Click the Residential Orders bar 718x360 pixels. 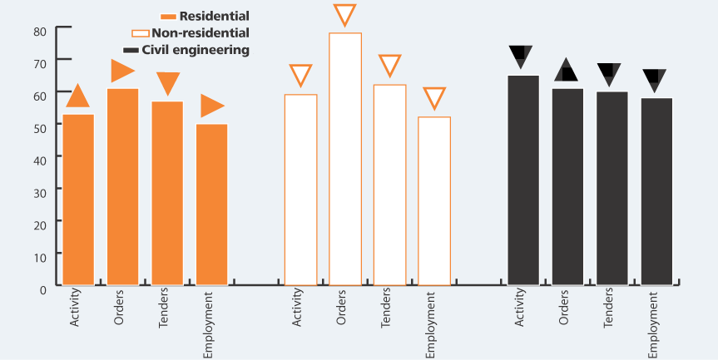coord(122,187)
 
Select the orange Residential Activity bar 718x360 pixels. coord(78,200)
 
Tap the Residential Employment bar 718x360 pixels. coord(211,205)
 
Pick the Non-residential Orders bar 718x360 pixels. coord(345,159)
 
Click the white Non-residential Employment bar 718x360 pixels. coord(434,201)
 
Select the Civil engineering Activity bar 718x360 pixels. coord(523,180)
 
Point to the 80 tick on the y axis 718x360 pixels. coord(40,32)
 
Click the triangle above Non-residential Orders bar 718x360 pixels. coord(344,16)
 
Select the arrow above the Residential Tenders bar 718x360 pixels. coord(168,83)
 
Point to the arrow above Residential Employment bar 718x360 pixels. coord(211,106)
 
